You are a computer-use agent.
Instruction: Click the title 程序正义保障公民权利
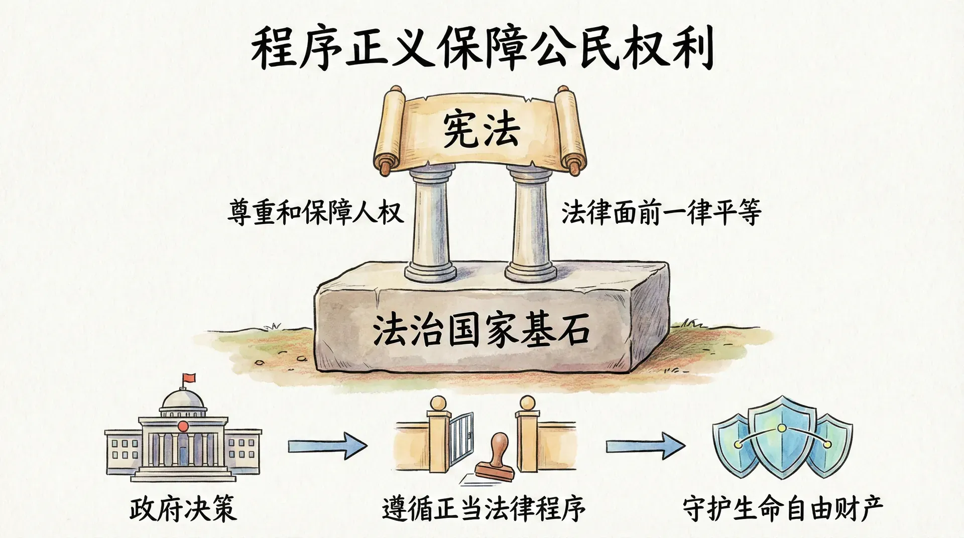tap(482, 49)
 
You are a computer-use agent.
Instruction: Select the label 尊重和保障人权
tap(315, 212)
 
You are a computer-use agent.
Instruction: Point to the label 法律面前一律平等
tap(661, 212)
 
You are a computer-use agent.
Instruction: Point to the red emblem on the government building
tap(183, 426)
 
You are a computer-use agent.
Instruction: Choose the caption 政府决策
tap(183, 508)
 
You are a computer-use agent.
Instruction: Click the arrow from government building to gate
tap(327, 445)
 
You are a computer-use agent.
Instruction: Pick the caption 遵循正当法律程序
tap(484, 508)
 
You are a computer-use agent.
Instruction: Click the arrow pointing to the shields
tap(645, 445)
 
